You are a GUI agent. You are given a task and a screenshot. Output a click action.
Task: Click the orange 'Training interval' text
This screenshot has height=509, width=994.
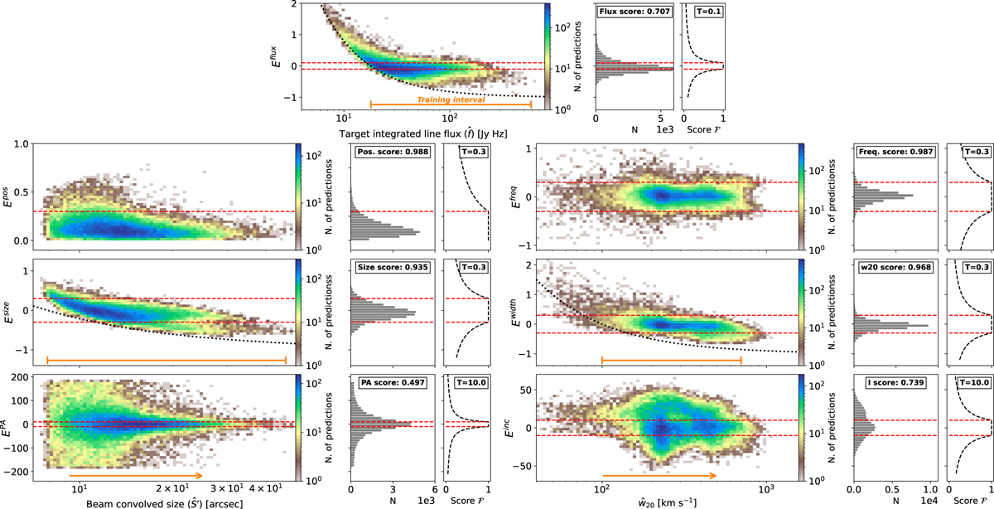pos(451,99)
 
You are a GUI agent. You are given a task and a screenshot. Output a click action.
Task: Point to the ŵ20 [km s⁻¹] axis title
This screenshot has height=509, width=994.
pos(656,501)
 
